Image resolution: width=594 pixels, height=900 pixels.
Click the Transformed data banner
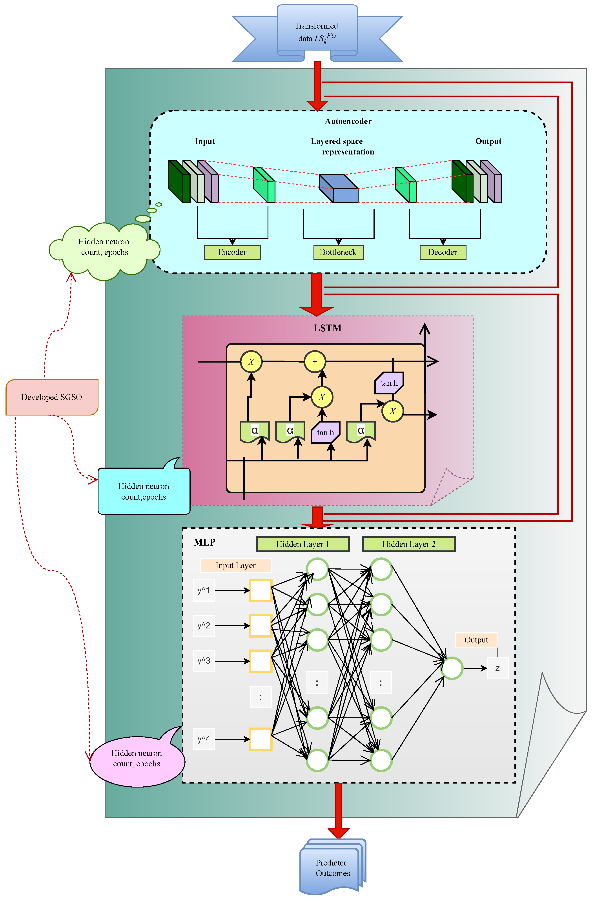(317, 32)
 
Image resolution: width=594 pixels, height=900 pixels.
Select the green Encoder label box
(232, 252)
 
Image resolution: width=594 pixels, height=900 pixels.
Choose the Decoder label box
(443, 252)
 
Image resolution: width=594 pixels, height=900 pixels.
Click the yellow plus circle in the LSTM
(315, 362)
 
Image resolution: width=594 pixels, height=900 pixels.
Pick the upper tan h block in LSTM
(389, 383)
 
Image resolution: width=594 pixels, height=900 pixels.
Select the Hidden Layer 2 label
(409, 544)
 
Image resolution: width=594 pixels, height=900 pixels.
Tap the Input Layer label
(236, 566)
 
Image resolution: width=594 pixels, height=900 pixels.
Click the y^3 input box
(204, 661)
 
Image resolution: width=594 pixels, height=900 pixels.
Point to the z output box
(497, 668)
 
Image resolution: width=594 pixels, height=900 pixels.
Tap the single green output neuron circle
(452, 668)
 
